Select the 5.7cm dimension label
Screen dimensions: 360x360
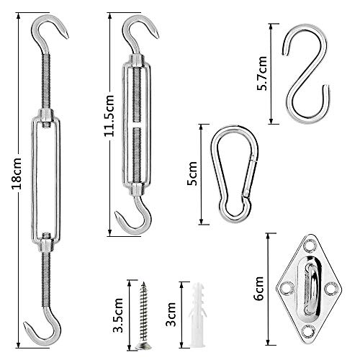pos(264,73)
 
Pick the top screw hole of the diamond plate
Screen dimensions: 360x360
pos(307,243)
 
